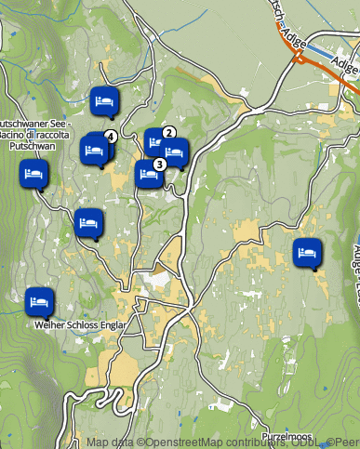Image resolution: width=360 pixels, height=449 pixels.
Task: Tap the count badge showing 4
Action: pos(111,137)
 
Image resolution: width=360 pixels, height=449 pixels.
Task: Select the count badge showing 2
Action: pos(169,132)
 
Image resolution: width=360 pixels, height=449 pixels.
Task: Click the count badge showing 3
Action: pos(159,164)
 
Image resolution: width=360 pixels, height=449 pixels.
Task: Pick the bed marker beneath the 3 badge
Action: pos(148,173)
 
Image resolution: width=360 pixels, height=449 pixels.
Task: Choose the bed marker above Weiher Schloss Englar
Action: pos(39,301)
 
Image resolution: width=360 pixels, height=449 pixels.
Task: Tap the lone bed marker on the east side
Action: pos(307,251)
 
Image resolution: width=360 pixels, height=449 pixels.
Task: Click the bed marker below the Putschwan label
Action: pos(34,174)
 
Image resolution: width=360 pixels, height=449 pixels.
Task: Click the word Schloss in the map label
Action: pos(87,326)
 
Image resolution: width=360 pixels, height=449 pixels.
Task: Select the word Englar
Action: pos(122,326)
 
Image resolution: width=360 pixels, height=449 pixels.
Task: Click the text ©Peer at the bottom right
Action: pos(343,443)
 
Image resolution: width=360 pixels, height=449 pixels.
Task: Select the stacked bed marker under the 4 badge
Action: pos(95,149)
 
